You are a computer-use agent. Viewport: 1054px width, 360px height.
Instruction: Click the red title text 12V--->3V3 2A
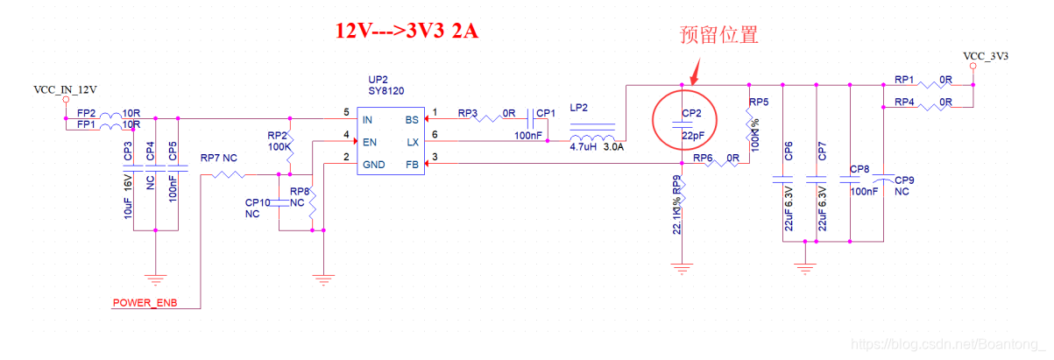coord(408,30)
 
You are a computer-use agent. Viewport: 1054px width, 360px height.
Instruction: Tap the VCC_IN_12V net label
coord(65,89)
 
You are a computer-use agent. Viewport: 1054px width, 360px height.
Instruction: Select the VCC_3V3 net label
coord(986,56)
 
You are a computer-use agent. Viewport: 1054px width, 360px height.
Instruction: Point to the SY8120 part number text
coord(386,91)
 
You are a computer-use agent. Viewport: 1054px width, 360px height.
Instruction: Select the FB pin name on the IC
coord(411,164)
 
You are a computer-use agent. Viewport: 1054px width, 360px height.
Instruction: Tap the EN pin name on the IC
coord(371,141)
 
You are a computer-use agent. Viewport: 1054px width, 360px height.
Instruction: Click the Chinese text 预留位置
coord(718,35)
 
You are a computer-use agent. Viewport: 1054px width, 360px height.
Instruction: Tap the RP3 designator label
coord(468,113)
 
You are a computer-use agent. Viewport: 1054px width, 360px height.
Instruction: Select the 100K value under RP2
coord(279,146)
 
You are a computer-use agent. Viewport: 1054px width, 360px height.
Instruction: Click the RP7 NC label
coord(219,159)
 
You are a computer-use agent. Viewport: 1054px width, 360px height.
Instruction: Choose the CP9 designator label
coord(904,180)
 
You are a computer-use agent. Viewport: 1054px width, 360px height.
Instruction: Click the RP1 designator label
coord(904,80)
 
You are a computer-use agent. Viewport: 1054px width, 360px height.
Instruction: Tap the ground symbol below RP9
coord(683,269)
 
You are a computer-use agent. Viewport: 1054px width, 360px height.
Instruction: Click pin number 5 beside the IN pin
coord(347,112)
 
